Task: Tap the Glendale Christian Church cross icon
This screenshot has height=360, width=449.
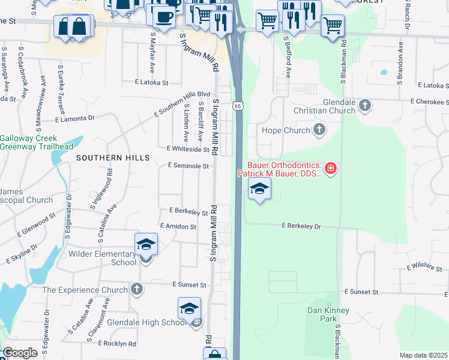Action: coord(364,106)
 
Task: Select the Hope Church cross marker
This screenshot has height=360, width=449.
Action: coord(319,130)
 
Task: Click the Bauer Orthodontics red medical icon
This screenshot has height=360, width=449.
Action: coord(331,169)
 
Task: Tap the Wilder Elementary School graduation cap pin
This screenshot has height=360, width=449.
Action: coord(146,245)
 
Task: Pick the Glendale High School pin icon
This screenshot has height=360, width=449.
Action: coord(189,309)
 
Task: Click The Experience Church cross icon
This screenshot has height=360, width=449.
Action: coord(137,290)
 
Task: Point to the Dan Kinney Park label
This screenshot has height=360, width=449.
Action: coord(328,314)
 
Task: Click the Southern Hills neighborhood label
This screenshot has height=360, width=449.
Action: coord(113,157)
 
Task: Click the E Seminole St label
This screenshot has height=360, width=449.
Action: coord(188,166)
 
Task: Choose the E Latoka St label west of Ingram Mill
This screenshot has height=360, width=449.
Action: coord(150,82)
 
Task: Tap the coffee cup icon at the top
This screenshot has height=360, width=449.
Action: coord(162,16)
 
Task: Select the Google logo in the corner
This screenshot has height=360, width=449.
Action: coord(20,353)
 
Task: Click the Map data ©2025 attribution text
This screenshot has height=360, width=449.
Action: coord(424,355)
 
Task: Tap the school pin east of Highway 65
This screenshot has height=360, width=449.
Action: coord(259,190)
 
